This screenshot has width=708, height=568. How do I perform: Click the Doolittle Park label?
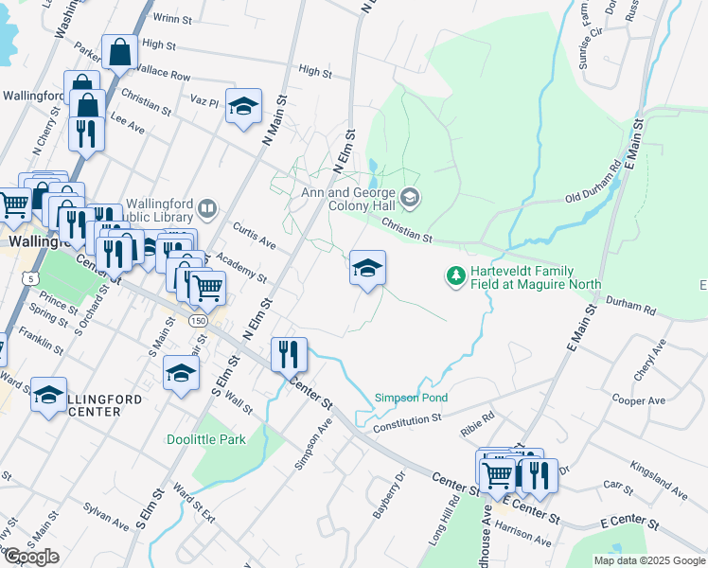tap(205, 439)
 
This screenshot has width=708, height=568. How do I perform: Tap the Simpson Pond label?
tap(411, 398)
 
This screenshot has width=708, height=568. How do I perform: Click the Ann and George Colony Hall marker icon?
tap(410, 198)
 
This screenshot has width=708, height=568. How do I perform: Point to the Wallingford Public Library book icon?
tap(207, 207)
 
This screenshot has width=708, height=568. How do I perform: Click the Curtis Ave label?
tap(255, 238)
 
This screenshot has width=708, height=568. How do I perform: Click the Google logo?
tap(31, 557)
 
